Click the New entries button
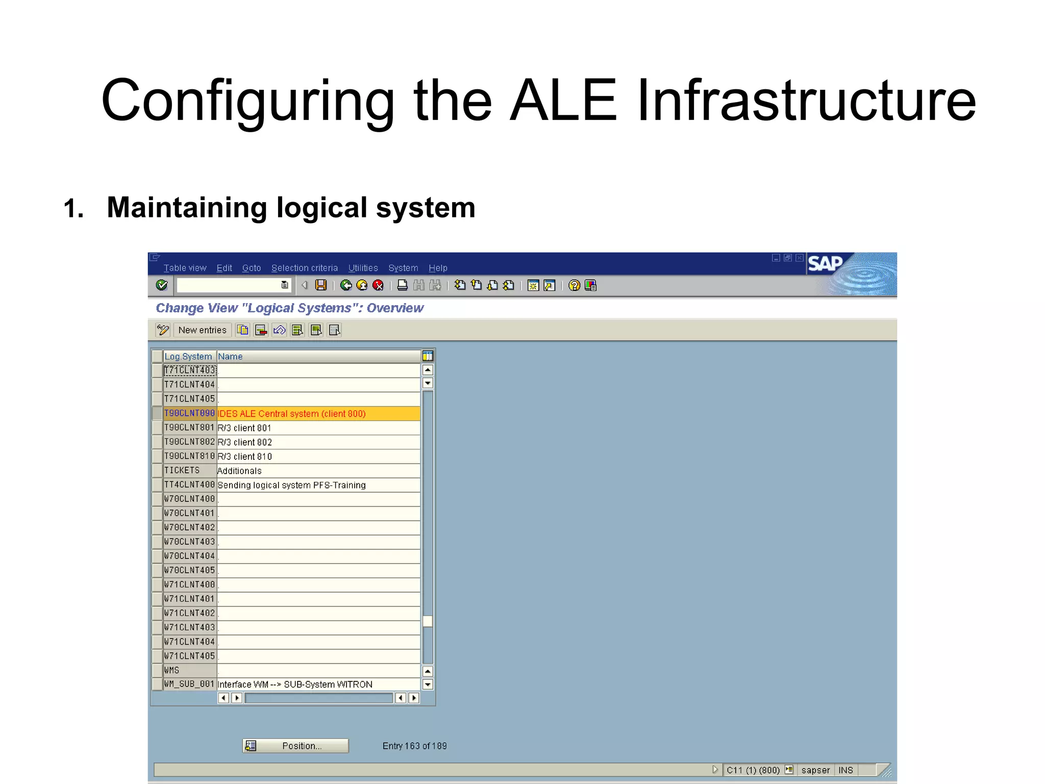click(x=202, y=330)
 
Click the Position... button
click(x=295, y=746)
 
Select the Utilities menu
click(x=363, y=268)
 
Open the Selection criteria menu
click(x=304, y=268)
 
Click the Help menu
click(x=438, y=268)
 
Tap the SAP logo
click(x=825, y=264)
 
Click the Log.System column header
click(x=188, y=356)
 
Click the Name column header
click(x=231, y=356)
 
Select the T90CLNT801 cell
click(x=189, y=428)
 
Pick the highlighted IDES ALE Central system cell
click(x=292, y=413)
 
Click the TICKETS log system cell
click(x=182, y=471)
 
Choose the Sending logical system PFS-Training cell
click(x=291, y=485)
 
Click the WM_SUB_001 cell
click(x=189, y=684)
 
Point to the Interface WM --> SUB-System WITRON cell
click(x=295, y=684)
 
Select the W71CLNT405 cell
click(x=189, y=656)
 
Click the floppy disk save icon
click(x=321, y=285)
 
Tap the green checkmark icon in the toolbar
click(x=162, y=285)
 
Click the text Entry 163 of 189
click(x=414, y=746)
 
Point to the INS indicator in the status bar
click(x=845, y=770)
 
